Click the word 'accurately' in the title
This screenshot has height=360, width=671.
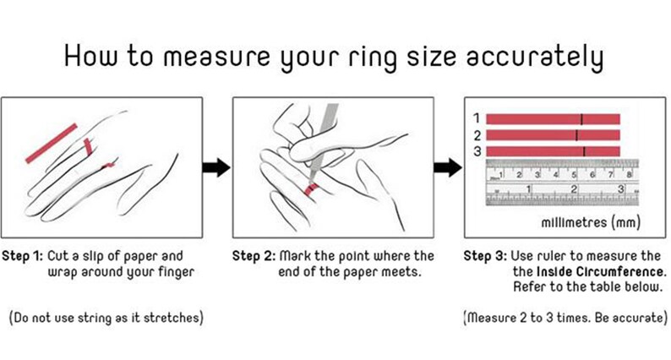pyautogui.click(x=535, y=57)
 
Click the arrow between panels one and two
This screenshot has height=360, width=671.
pyautogui.click(x=216, y=167)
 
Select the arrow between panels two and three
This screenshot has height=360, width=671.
pyautogui.click(x=448, y=167)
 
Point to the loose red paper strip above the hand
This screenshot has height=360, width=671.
pyautogui.click(x=52, y=144)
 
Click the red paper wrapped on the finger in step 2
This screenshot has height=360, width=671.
pyautogui.click(x=312, y=188)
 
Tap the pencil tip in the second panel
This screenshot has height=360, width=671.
pyautogui.click(x=311, y=177)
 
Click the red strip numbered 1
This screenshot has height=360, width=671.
pyautogui.click(x=553, y=119)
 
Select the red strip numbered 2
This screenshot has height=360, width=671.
pyautogui.click(x=553, y=135)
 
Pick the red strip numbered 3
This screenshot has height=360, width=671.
pyautogui.click(x=553, y=151)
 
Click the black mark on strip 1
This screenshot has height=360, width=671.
pyautogui.click(x=581, y=119)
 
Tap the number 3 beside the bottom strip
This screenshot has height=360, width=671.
pyautogui.click(x=477, y=151)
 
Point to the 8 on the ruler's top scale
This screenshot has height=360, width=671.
pyautogui.click(x=629, y=174)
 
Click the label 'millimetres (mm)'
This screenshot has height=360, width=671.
pyautogui.click(x=591, y=222)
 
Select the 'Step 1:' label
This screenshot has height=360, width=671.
pyautogui.click(x=23, y=256)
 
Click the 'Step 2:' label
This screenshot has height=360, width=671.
pyautogui.click(x=254, y=256)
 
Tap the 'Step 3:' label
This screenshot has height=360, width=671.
pyautogui.click(x=485, y=256)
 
